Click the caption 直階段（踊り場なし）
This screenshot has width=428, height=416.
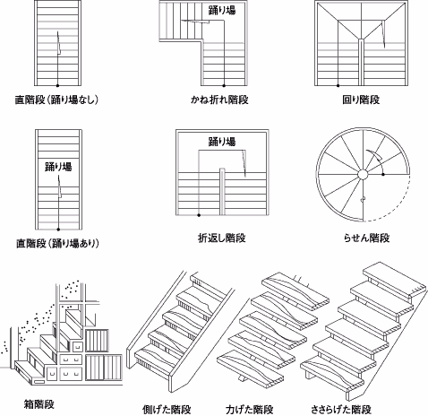[x=56, y=100]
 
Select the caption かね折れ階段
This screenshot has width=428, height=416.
[x=219, y=100]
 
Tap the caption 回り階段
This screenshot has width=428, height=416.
[x=361, y=100]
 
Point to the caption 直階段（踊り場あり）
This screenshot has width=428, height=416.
[x=57, y=244]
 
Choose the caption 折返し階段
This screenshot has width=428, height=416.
[x=222, y=238]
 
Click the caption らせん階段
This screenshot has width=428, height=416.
[x=367, y=238]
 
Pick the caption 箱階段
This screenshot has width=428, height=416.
[x=39, y=404]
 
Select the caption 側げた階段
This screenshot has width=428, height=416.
[x=167, y=409]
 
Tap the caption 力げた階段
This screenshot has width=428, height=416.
[x=250, y=409]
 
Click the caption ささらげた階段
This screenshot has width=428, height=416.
[x=341, y=409]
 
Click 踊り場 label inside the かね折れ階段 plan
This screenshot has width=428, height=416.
[x=222, y=10]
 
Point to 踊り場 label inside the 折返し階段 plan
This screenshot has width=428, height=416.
[x=222, y=142]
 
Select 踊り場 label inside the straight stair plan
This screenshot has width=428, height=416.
[x=58, y=166]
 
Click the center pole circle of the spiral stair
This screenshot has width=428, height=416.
[x=363, y=174]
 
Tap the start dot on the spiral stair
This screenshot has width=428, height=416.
[x=383, y=174]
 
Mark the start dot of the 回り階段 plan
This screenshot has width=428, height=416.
[x=338, y=85]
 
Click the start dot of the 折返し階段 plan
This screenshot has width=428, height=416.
[x=199, y=215]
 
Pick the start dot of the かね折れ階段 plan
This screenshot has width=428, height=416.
[x=224, y=85]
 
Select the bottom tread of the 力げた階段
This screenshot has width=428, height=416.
[x=250, y=368]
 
